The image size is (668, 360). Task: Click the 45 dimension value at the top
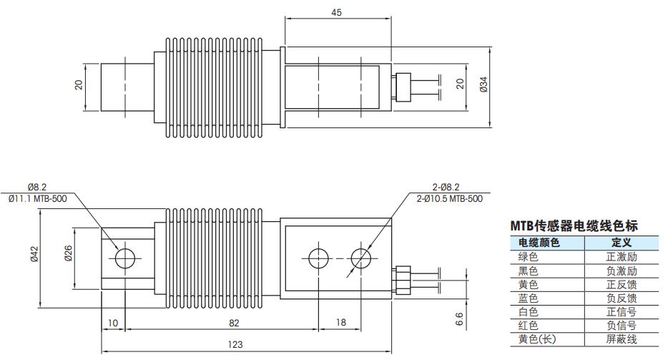336,13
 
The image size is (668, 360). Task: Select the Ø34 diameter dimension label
483,84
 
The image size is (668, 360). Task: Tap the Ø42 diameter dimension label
34,254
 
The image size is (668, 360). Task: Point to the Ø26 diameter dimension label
68,253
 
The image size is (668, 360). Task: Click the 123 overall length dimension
235,344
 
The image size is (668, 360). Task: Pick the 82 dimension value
234,323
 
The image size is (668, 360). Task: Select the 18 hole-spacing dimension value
341,323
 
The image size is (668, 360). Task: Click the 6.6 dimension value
459,319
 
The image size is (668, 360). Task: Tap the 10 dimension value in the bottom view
112,323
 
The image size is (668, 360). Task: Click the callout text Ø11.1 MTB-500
37,198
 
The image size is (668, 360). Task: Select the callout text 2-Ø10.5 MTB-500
449,198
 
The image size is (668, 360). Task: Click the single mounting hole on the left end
125,258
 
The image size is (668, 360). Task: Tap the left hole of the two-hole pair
319,258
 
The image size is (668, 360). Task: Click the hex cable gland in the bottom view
402,281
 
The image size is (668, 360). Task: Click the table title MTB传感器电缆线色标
574,225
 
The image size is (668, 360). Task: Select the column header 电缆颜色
539,243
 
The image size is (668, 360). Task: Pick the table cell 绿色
529,257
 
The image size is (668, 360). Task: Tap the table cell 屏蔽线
622,339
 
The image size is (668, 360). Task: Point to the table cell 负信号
622,326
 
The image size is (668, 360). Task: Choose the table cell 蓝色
529,298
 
